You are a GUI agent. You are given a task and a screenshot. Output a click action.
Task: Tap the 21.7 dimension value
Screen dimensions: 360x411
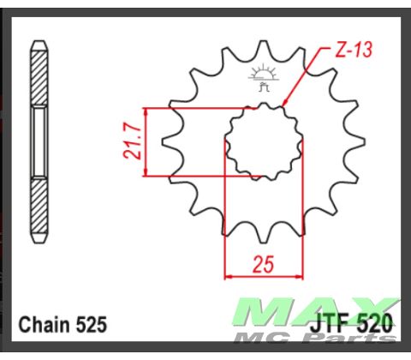[x=130, y=143]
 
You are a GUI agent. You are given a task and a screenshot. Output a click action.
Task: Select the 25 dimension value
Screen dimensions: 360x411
[x=264, y=264]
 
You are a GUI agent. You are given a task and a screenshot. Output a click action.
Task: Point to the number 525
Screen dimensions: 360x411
[x=92, y=325]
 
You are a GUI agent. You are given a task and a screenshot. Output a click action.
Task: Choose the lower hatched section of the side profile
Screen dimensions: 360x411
[x=39, y=206]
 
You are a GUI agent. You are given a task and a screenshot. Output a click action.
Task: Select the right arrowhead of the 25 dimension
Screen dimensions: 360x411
[x=301, y=277]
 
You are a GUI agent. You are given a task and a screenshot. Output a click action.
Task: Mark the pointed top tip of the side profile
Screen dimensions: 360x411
[x=39, y=40]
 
